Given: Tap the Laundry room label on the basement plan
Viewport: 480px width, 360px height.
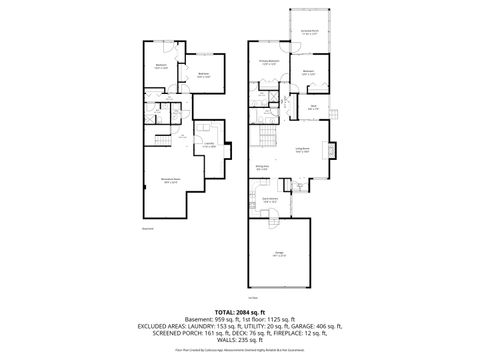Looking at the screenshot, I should click(210, 144).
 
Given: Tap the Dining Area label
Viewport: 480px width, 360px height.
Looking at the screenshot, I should click(262, 167).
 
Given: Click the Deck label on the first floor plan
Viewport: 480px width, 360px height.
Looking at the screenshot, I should click(313, 107).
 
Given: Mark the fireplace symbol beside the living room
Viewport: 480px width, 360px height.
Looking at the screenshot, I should click(336, 150).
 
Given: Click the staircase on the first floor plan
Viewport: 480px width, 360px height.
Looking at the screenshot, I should click(267, 134).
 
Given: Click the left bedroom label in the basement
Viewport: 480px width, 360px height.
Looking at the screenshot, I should click(161, 66).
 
